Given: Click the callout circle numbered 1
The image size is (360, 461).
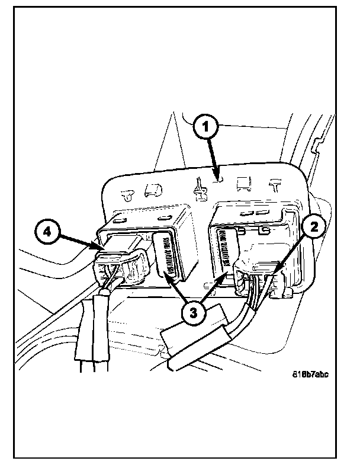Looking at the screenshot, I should pos(207,127).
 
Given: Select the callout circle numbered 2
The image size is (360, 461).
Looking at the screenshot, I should pos(313,225).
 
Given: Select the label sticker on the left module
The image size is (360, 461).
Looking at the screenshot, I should pos(165,254).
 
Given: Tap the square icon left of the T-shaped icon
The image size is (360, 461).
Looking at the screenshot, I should pos(243,184).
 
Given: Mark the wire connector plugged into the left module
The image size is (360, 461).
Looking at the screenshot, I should pos(121,266).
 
